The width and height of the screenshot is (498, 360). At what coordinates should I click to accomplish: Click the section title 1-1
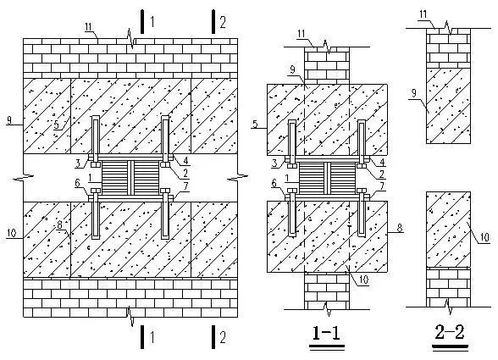tap(327, 333)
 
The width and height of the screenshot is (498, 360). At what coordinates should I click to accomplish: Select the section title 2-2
tap(450, 332)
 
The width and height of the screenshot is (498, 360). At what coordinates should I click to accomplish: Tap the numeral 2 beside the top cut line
tap(223, 23)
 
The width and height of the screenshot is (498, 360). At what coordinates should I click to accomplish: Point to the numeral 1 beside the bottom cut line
tap(152, 337)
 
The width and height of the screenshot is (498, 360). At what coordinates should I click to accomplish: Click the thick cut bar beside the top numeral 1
tap(142, 21)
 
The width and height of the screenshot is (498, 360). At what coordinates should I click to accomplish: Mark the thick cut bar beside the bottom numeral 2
tap(213, 336)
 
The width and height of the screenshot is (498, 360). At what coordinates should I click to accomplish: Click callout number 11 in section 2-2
tap(423, 14)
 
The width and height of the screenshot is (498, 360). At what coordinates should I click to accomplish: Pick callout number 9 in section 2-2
tap(414, 93)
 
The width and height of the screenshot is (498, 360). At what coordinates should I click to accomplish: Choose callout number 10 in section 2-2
tap(485, 237)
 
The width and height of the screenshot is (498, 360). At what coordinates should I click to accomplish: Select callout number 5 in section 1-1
tap(255, 124)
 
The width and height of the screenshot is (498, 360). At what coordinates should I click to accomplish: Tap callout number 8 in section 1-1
tap(400, 228)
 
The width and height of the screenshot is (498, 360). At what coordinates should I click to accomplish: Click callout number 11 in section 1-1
tap(302, 34)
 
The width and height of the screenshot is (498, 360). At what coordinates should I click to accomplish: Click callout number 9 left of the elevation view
tap(8, 120)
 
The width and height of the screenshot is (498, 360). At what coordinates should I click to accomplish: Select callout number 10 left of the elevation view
tap(11, 233)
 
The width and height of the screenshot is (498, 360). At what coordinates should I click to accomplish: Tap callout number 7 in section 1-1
tap(381, 186)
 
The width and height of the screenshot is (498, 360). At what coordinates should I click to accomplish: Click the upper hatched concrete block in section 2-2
tap(448, 105)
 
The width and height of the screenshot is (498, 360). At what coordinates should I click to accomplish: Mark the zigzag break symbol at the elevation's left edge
tap(23, 177)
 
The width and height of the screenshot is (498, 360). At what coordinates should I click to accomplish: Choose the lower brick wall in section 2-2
tap(448, 288)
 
